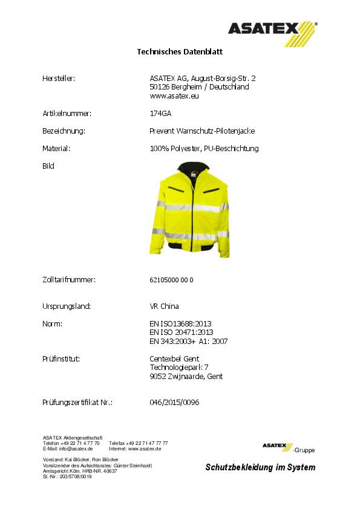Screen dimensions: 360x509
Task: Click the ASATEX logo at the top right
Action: coord(272,29)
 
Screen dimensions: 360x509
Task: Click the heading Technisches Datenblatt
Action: coord(180,52)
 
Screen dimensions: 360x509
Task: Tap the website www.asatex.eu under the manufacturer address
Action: coord(173,96)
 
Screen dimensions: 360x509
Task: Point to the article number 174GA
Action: coord(160,113)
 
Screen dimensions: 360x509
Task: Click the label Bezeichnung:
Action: coord(63,131)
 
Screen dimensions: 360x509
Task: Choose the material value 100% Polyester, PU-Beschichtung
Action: coord(204,148)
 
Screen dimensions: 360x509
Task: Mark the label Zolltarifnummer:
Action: coord(69,280)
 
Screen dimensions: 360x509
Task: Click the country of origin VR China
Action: coord(164,306)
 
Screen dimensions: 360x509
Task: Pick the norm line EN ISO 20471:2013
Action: coord(181,332)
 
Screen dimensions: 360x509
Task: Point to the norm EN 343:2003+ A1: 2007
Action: coord(188,341)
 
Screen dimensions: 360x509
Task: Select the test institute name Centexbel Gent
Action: coord(174,358)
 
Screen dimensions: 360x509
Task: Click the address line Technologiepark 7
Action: coord(179,367)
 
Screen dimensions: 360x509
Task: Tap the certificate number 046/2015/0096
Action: coord(174,402)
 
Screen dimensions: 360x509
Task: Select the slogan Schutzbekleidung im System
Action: coord(260,467)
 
